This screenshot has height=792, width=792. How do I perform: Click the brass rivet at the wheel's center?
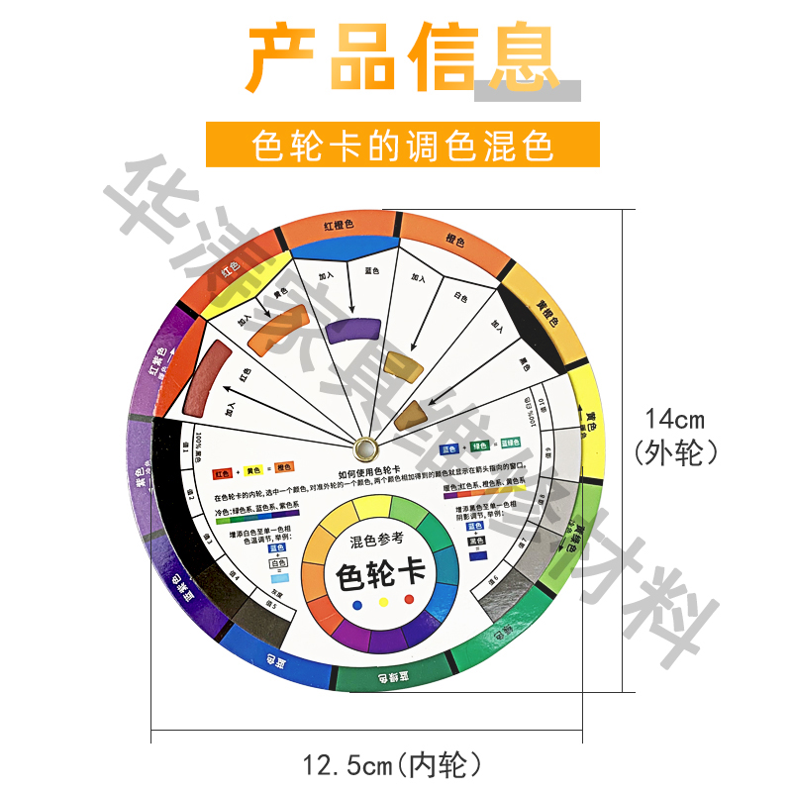point(363,446)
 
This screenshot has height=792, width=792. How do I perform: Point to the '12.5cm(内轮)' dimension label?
point(393,764)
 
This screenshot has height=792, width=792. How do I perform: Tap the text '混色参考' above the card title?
point(377,540)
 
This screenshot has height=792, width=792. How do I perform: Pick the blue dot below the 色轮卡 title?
point(380,605)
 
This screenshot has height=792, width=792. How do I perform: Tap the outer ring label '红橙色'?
point(339,226)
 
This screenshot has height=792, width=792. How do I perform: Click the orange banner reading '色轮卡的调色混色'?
point(402,146)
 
